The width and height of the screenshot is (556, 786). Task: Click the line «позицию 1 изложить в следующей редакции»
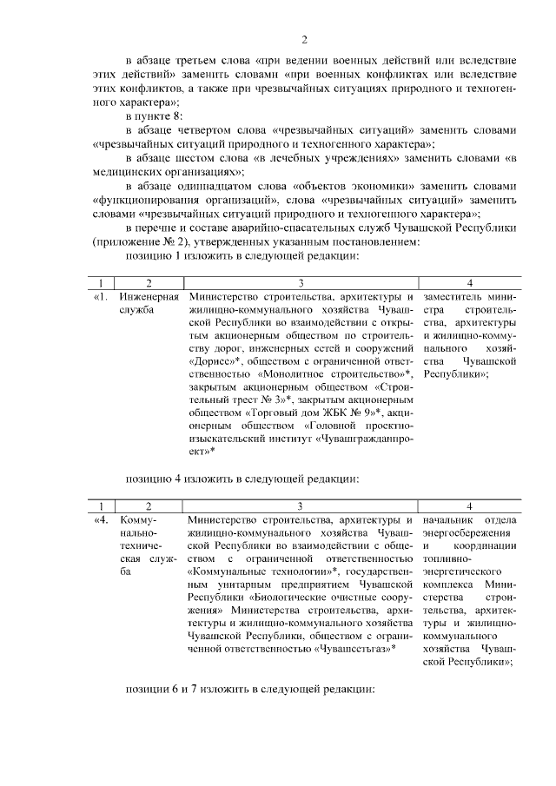(242, 256)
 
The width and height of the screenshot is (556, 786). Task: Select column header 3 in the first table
(301, 282)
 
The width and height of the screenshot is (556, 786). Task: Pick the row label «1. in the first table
(101, 295)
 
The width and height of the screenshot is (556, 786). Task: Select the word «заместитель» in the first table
(453, 295)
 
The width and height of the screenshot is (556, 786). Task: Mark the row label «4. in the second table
(101, 518)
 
